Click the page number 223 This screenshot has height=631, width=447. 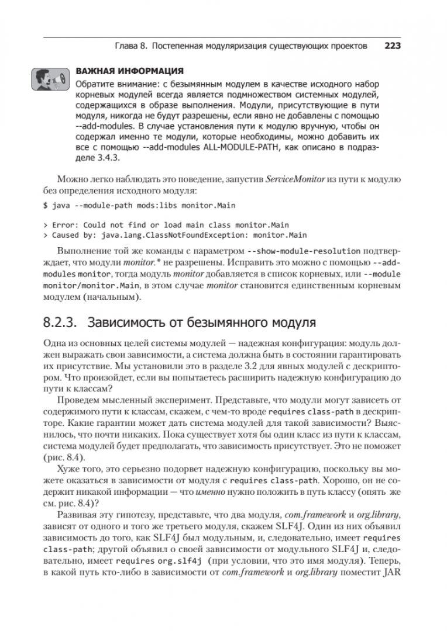(x=392, y=46)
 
